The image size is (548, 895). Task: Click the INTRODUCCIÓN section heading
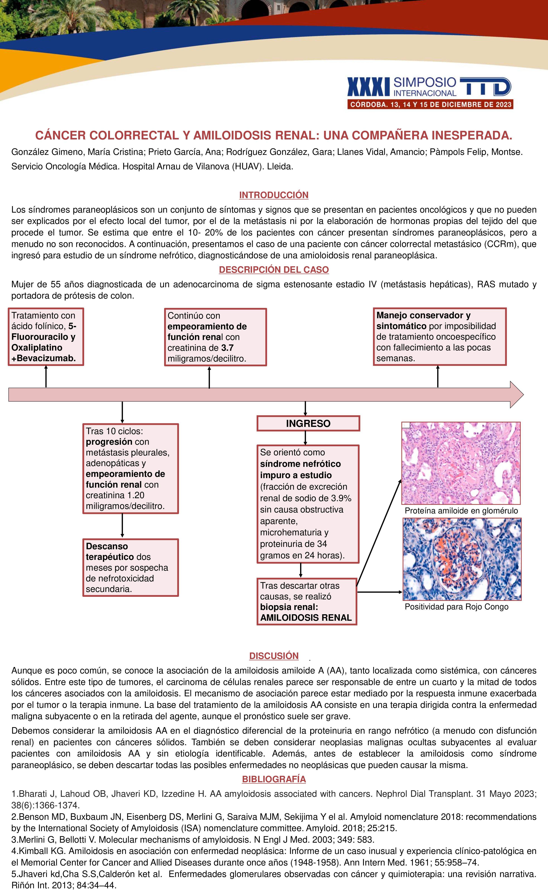pos(274,195)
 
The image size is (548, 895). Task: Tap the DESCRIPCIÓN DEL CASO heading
pos(274,269)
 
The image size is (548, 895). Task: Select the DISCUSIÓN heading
pos(274,656)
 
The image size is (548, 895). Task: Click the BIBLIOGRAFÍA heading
pos(274,779)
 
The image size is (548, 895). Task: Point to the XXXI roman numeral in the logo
pos(368,87)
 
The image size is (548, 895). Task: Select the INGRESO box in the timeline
pos(308,424)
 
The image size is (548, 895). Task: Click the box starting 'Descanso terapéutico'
pos(130,567)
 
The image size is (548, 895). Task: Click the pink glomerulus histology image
pos(461,463)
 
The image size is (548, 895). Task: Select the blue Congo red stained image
pos(462,559)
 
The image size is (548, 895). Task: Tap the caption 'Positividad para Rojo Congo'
pos(456,607)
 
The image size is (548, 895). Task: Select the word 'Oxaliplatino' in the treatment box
pos(37,348)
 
